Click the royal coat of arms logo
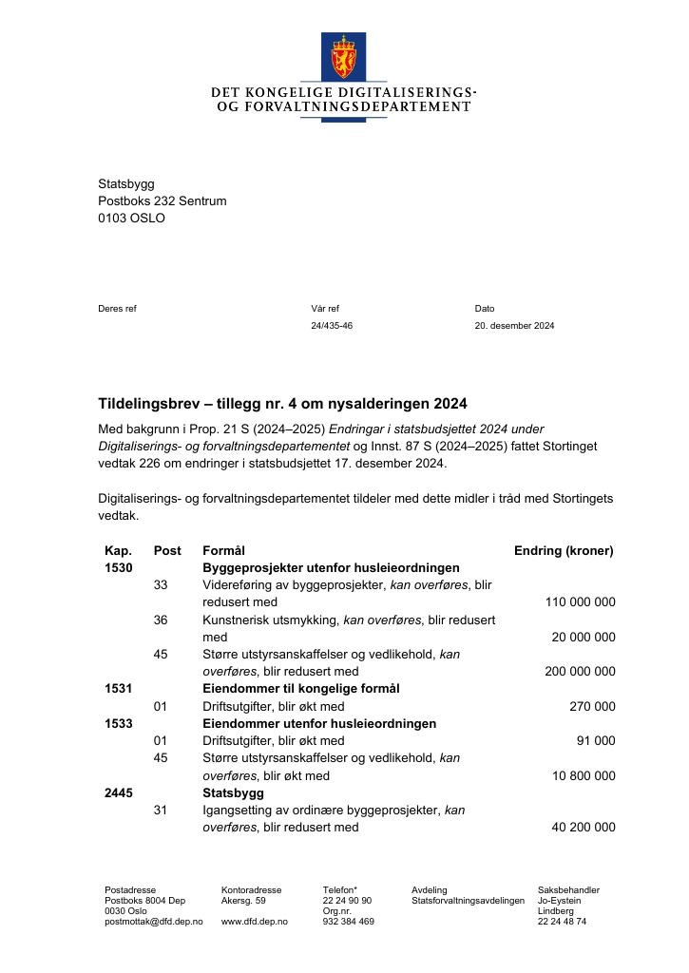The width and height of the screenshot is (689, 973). pos(344,56)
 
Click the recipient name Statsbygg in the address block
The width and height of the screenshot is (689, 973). pos(126,183)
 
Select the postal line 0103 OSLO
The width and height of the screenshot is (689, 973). pos(131,218)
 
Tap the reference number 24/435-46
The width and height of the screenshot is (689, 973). pos(332,326)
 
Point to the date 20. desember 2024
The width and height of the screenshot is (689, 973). pos(514,326)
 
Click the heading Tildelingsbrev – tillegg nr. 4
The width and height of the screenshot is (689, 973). pos(282,404)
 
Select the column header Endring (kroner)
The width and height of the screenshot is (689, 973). pos(564,550)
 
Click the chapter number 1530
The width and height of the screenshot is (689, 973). pos(119,567)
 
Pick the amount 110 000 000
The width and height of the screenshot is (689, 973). pos(580,602)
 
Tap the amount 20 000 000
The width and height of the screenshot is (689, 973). pos(584,637)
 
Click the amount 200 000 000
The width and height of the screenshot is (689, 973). pos(580,671)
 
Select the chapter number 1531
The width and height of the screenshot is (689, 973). pos(119,689)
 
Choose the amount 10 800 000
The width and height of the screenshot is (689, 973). pos(584,775)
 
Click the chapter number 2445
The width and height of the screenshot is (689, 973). pos(119,792)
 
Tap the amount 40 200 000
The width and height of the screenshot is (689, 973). pos(584,828)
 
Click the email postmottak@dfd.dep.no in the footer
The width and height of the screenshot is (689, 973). pos(153,922)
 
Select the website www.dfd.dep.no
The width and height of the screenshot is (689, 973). pos(254,922)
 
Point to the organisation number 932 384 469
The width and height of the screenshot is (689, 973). pos(348,922)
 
